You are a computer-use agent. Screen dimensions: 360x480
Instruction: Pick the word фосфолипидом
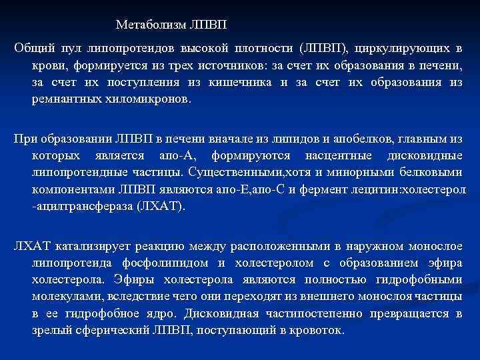158,263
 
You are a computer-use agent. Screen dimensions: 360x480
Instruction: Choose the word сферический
106,330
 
